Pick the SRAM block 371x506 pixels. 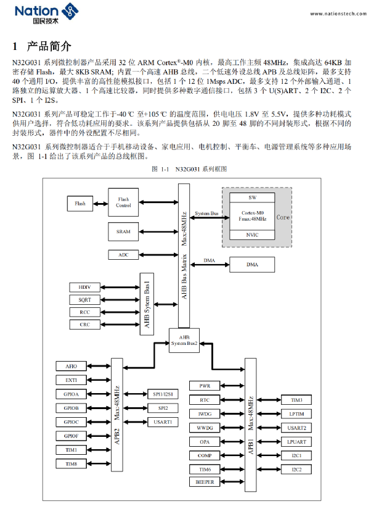124,231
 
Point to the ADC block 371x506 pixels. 124,254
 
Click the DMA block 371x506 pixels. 253,265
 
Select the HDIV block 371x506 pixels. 85,287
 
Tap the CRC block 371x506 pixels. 85,324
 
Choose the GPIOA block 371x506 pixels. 71,394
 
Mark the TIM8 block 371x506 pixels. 71,463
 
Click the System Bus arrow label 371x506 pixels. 206,214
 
